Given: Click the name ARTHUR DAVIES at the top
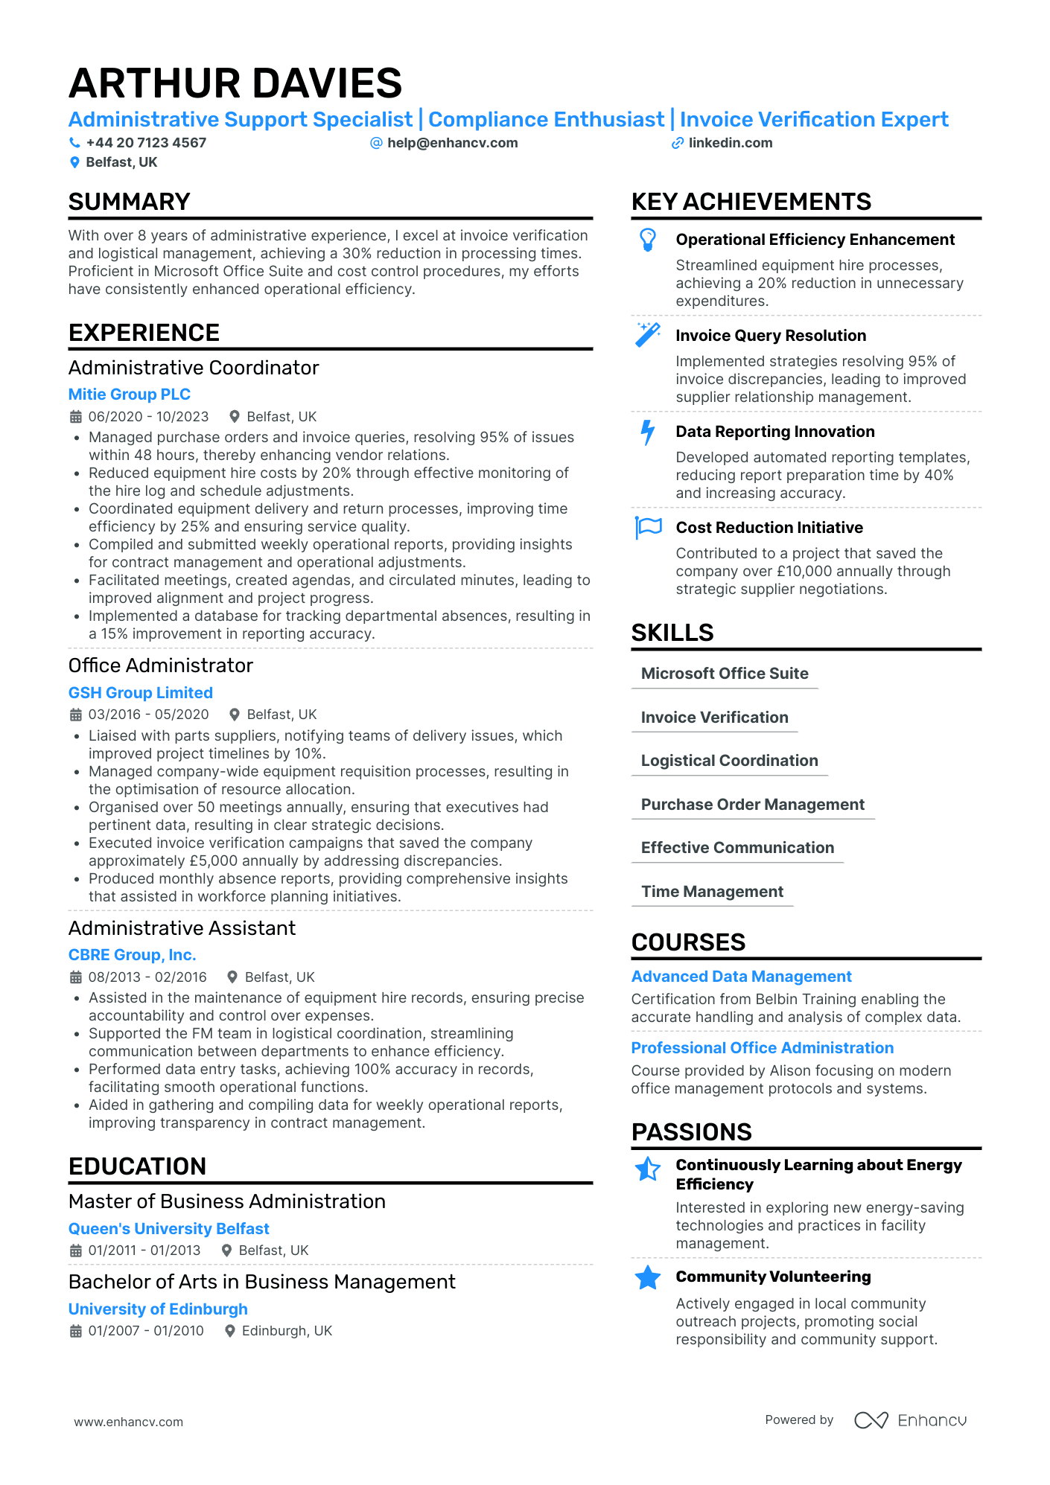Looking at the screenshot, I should pyautogui.click(x=235, y=83).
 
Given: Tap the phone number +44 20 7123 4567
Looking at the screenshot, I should pyautogui.click(x=146, y=143).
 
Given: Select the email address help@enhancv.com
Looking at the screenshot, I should pyautogui.click(x=452, y=143).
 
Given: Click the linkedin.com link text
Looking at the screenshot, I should pyautogui.click(x=730, y=143).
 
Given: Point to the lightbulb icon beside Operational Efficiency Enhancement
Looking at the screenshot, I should pyautogui.click(x=648, y=240).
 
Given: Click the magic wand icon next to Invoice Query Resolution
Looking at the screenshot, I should pyautogui.click(x=647, y=335).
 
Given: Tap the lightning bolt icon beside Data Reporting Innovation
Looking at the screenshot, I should pyautogui.click(x=648, y=432).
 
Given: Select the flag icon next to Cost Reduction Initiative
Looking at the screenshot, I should pyautogui.click(x=648, y=527).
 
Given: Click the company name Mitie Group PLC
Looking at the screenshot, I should pyautogui.click(x=130, y=395).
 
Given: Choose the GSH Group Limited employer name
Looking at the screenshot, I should pyautogui.click(x=141, y=693).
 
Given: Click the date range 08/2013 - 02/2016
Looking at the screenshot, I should pyautogui.click(x=147, y=977).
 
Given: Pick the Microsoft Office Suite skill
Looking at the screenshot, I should pyautogui.click(x=725, y=674).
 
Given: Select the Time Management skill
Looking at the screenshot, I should pyautogui.click(x=712, y=892).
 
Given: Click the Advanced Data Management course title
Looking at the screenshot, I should pyautogui.click(x=741, y=977).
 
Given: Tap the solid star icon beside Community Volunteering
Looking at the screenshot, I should pyautogui.click(x=648, y=1277).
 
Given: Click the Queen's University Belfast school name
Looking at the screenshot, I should pyautogui.click(x=169, y=1229).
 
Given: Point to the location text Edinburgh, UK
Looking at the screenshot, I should pyautogui.click(x=287, y=1331).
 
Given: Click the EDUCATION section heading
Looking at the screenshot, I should pyautogui.click(x=137, y=1166).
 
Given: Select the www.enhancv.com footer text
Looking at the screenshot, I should pyautogui.click(x=128, y=1422).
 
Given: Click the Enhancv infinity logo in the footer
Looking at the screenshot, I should pyautogui.click(x=871, y=1420).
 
